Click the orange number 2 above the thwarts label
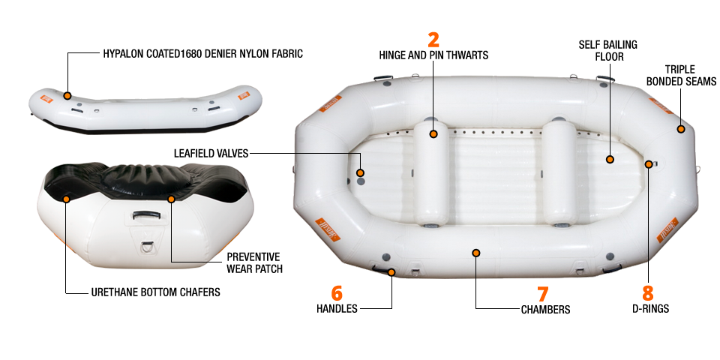(433, 40)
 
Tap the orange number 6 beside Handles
(337, 293)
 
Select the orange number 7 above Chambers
(542, 294)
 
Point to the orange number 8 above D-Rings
(648, 293)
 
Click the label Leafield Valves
(211, 153)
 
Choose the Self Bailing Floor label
(607, 50)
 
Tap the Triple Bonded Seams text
(681, 75)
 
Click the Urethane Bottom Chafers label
(156, 292)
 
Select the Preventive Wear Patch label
(254, 262)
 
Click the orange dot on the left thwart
(433, 134)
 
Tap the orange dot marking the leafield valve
(361, 172)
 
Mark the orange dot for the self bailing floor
(610, 159)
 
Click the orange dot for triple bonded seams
(681, 129)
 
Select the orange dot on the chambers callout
(476, 253)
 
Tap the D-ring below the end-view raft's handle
(148, 246)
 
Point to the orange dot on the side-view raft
(67, 96)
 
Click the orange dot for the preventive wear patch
(171, 199)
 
